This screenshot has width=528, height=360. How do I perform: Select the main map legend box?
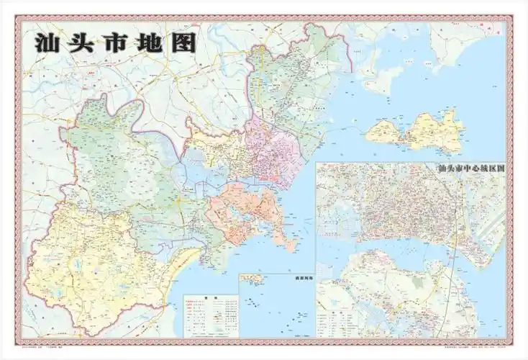click(x=211, y=315)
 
